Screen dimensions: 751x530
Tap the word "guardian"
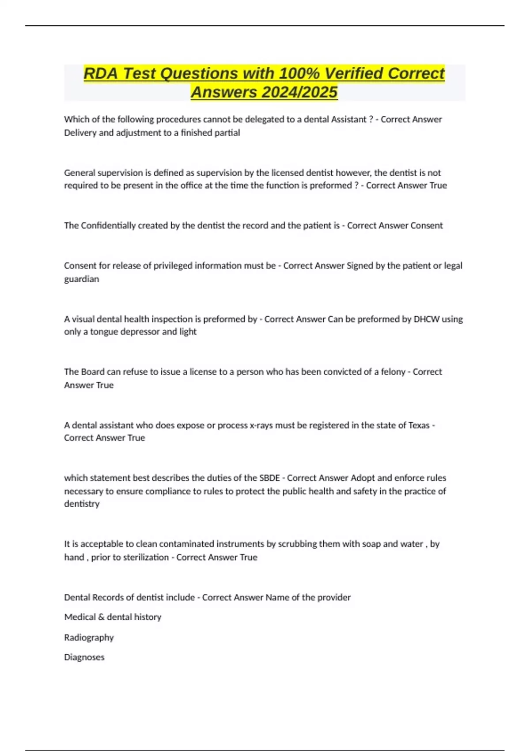[x=82, y=279]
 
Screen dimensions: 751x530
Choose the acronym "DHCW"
[x=426, y=319]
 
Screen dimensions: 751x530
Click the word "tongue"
[x=104, y=331]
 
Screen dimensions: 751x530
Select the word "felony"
[x=393, y=372]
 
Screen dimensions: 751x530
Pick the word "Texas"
[x=419, y=425]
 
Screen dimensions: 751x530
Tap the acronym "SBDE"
[x=269, y=478]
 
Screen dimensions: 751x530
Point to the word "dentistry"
[x=82, y=504]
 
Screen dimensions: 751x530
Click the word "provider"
[x=333, y=597]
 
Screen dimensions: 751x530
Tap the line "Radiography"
[x=89, y=637]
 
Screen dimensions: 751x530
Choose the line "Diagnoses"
[x=84, y=657]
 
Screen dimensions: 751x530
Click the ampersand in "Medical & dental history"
[x=101, y=617]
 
